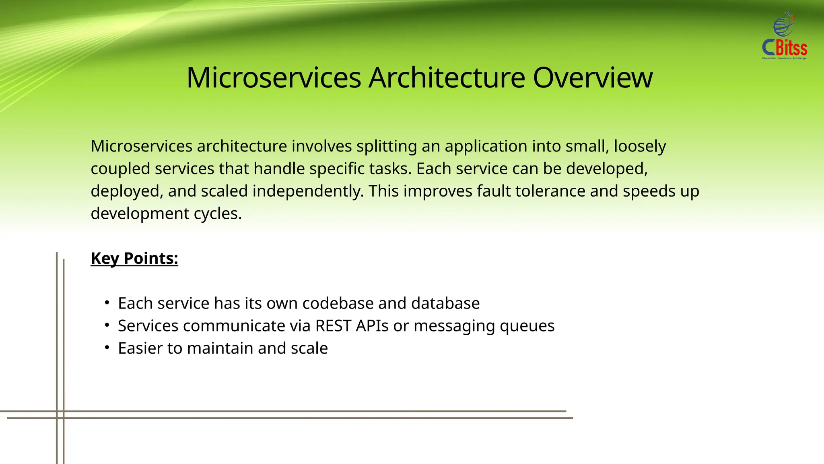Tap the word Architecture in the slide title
(447, 77)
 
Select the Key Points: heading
(134, 258)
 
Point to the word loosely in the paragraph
(639, 146)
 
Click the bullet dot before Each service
(107, 302)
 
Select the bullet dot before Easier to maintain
(107, 348)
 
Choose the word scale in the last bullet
(309, 348)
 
